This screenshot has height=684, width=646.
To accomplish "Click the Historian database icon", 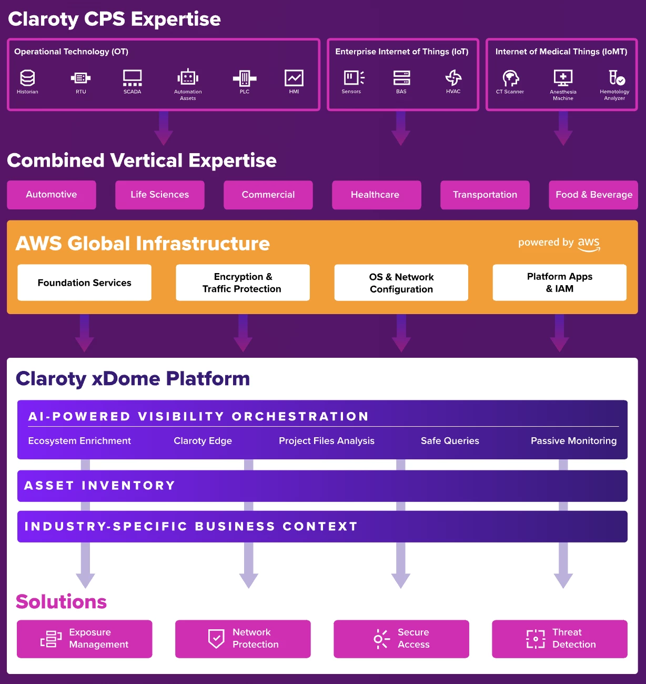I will click(27, 78).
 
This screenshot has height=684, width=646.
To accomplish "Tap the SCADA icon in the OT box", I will click(132, 78).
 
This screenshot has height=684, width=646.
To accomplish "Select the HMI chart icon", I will click(294, 78).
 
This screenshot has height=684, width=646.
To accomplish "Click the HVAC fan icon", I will click(453, 78).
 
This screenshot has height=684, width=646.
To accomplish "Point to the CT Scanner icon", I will click(510, 78).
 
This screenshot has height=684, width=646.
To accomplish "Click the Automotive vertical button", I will click(52, 195).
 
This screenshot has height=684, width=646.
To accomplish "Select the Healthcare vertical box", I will click(376, 195).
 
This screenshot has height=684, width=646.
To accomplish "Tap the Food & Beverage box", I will click(593, 195).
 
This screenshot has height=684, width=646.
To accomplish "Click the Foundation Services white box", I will click(85, 283).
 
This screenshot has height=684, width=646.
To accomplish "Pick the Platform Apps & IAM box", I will click(559, 283).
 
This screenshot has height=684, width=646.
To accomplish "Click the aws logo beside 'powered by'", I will click(589, 244).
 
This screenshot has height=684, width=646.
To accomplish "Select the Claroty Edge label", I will click(203, 441).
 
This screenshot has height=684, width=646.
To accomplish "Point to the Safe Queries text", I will click(450, 441).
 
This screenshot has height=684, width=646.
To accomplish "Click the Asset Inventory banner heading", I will click(99, 486).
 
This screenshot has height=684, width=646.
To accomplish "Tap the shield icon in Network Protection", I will click(216, 639).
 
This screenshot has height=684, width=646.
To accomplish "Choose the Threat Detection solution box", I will click(559, 639).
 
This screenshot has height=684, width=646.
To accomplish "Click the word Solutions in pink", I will click(61, 601).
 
